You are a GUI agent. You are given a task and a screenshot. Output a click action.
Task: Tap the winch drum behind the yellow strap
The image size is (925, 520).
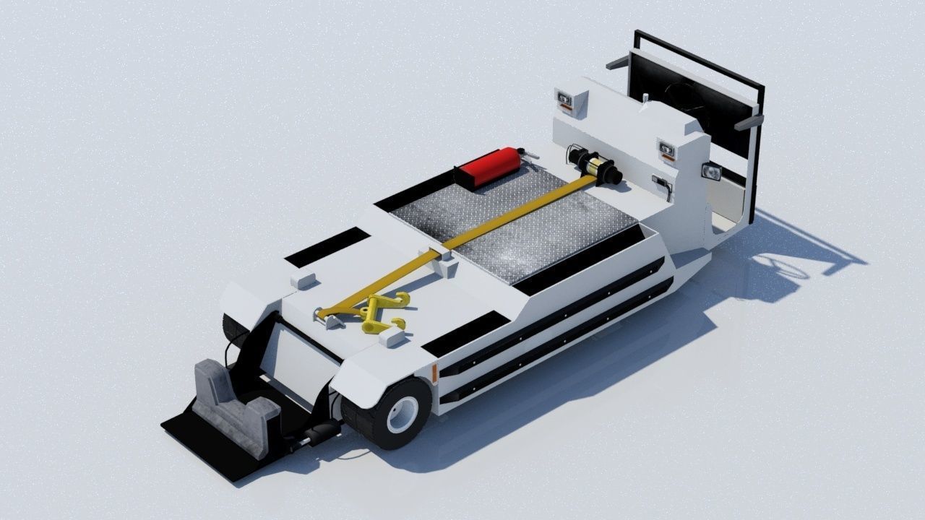[602, 168]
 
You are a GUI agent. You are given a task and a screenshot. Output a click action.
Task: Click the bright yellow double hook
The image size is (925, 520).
[380, 312]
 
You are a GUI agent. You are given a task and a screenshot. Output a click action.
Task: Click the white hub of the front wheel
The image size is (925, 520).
[402, 414]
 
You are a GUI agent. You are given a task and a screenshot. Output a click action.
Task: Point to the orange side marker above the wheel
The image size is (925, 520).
[435, 373]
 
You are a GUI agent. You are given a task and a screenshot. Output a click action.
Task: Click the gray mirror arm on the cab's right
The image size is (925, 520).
[749, 121]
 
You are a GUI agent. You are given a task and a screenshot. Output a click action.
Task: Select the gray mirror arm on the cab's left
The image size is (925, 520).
[618, 63]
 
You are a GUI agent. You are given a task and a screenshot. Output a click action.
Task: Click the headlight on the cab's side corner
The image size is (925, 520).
[711, 172]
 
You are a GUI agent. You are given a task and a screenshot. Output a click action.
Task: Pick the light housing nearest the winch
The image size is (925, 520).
[666, 150]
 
